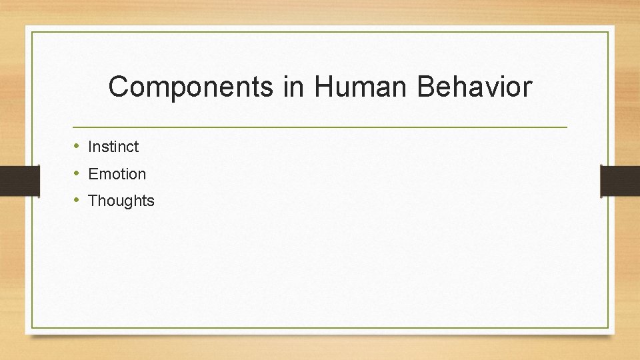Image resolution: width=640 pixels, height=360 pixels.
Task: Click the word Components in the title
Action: [x=191, y=87]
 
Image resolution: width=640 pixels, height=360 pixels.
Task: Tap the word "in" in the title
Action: [x=293, y=87]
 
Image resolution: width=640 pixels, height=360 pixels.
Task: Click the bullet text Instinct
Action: [x=113, y=146]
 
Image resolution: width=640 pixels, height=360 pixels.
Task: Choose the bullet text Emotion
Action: [x=117, y=174]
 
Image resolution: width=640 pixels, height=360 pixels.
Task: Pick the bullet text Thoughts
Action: [x=121, y=201]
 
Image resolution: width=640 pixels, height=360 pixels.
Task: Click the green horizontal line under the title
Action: [x=320, y=127]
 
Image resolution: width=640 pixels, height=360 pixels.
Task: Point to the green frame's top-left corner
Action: [x=32, y=32]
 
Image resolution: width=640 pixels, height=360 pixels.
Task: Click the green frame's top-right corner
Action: [x=608, y=32]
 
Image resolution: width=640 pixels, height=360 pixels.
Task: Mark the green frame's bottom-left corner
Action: [x=32, y=327]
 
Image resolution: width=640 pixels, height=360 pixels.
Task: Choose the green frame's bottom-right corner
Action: [x=608, y=327]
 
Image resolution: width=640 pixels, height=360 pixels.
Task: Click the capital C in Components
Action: [x=119, y=87]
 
